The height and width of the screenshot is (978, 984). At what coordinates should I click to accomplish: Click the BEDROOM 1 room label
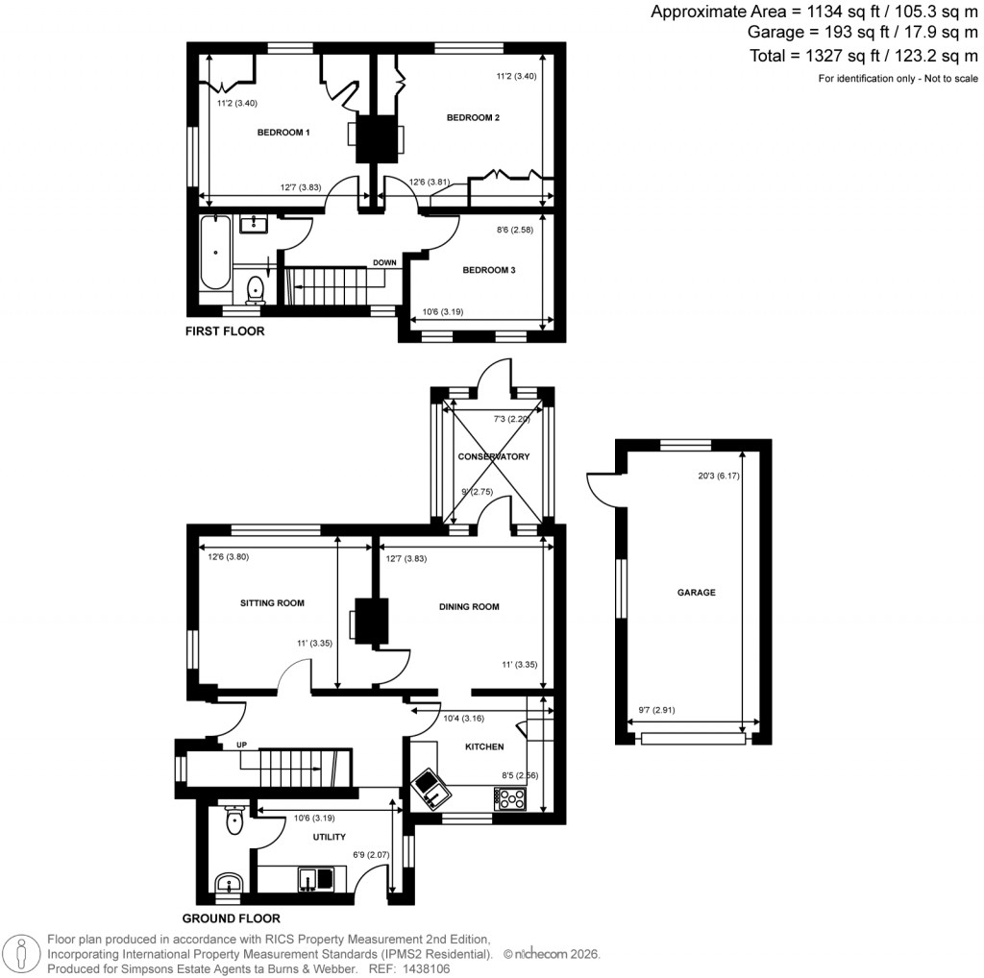click(283, 132)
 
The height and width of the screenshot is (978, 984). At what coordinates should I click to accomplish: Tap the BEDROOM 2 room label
click(473, 118)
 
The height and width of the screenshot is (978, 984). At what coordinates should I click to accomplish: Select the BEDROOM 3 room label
click(489, 271)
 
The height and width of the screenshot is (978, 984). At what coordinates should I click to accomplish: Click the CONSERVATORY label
click(494, 456)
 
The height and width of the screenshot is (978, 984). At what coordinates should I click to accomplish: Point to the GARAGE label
click(697, 593)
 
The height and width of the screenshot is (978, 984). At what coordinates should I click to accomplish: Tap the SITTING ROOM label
click(272, 603)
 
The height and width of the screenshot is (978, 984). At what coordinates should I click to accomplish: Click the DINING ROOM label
click(469, 607)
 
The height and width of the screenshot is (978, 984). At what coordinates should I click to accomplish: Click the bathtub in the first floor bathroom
click(214, 254)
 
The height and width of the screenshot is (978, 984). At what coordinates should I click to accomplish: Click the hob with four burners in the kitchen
click(511, 799)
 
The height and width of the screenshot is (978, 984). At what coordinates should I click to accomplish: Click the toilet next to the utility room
click(234, 820)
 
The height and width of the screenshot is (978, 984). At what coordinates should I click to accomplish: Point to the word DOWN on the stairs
click(385, 262)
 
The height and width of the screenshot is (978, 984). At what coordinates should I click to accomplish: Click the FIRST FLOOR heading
click(225, 331)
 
